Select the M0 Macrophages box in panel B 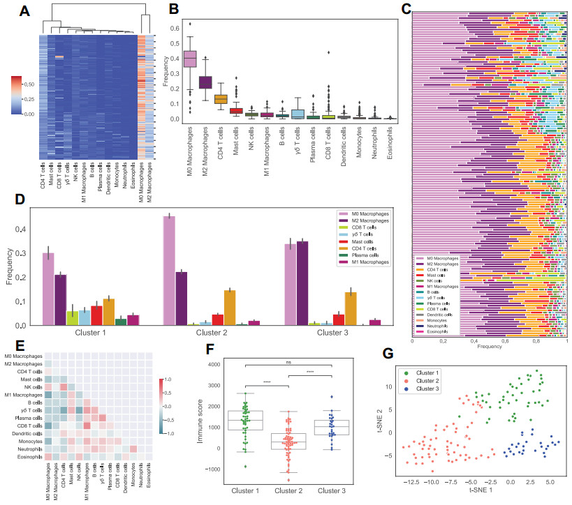(189, 59)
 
